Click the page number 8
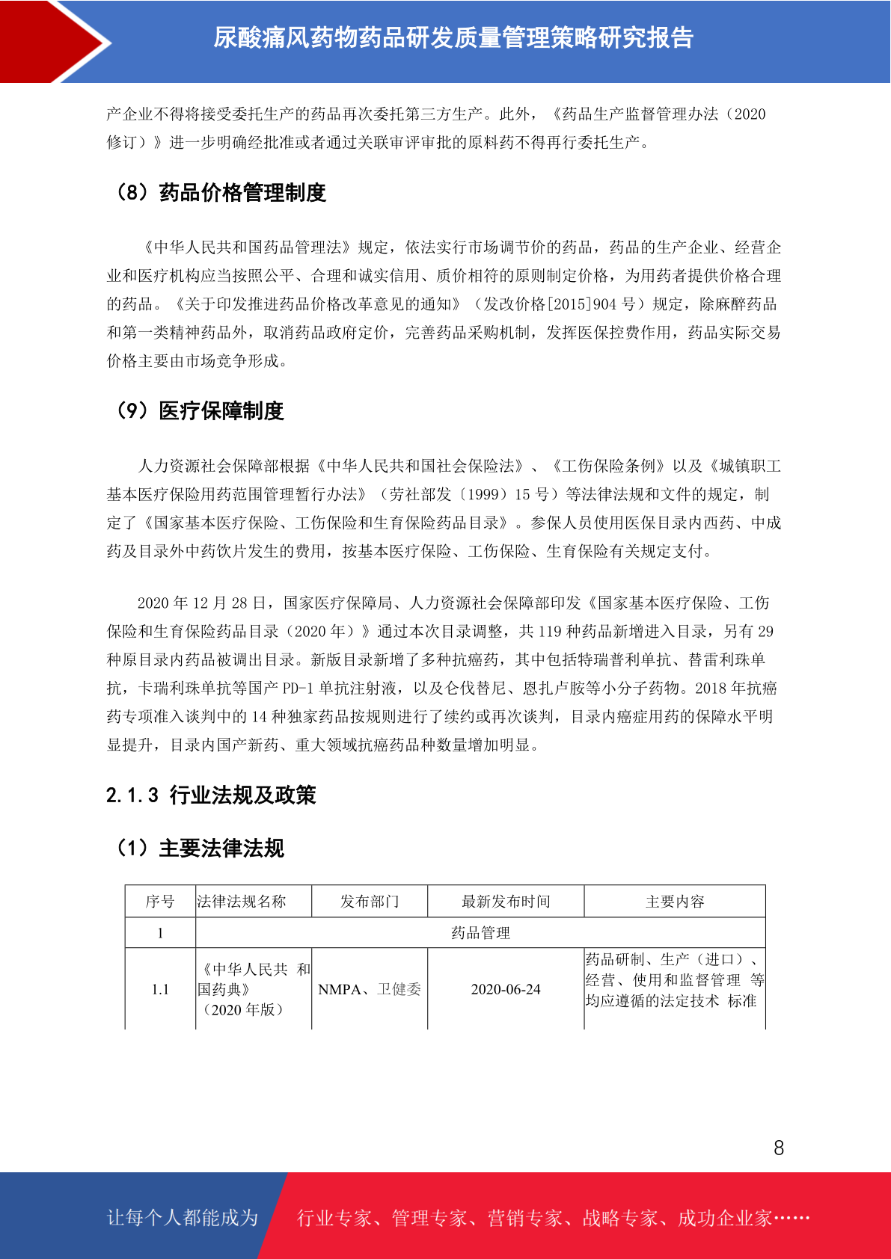779,1148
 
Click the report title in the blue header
453,37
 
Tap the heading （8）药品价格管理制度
220,193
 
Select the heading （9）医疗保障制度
199,410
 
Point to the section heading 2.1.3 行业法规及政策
211,795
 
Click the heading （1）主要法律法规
199,849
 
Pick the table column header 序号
160,902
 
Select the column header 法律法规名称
242,902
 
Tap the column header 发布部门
370,902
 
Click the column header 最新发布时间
506,902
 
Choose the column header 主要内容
675,902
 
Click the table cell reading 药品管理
480,933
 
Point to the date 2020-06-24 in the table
506,990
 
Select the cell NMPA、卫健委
370,990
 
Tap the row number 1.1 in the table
160,990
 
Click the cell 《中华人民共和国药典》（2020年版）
253,990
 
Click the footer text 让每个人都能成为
183,1218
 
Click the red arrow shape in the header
52,41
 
